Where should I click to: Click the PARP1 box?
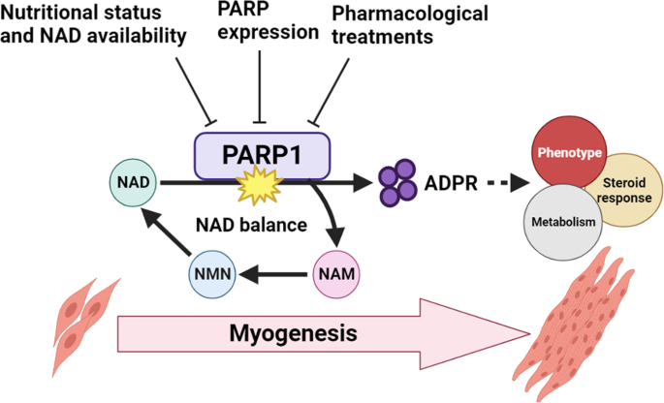coord(263,154)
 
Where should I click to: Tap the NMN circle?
coord(210,274)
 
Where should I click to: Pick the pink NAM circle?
coord(337,274)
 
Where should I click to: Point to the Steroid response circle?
coord(621,189)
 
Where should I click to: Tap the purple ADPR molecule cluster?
coord(396,182)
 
